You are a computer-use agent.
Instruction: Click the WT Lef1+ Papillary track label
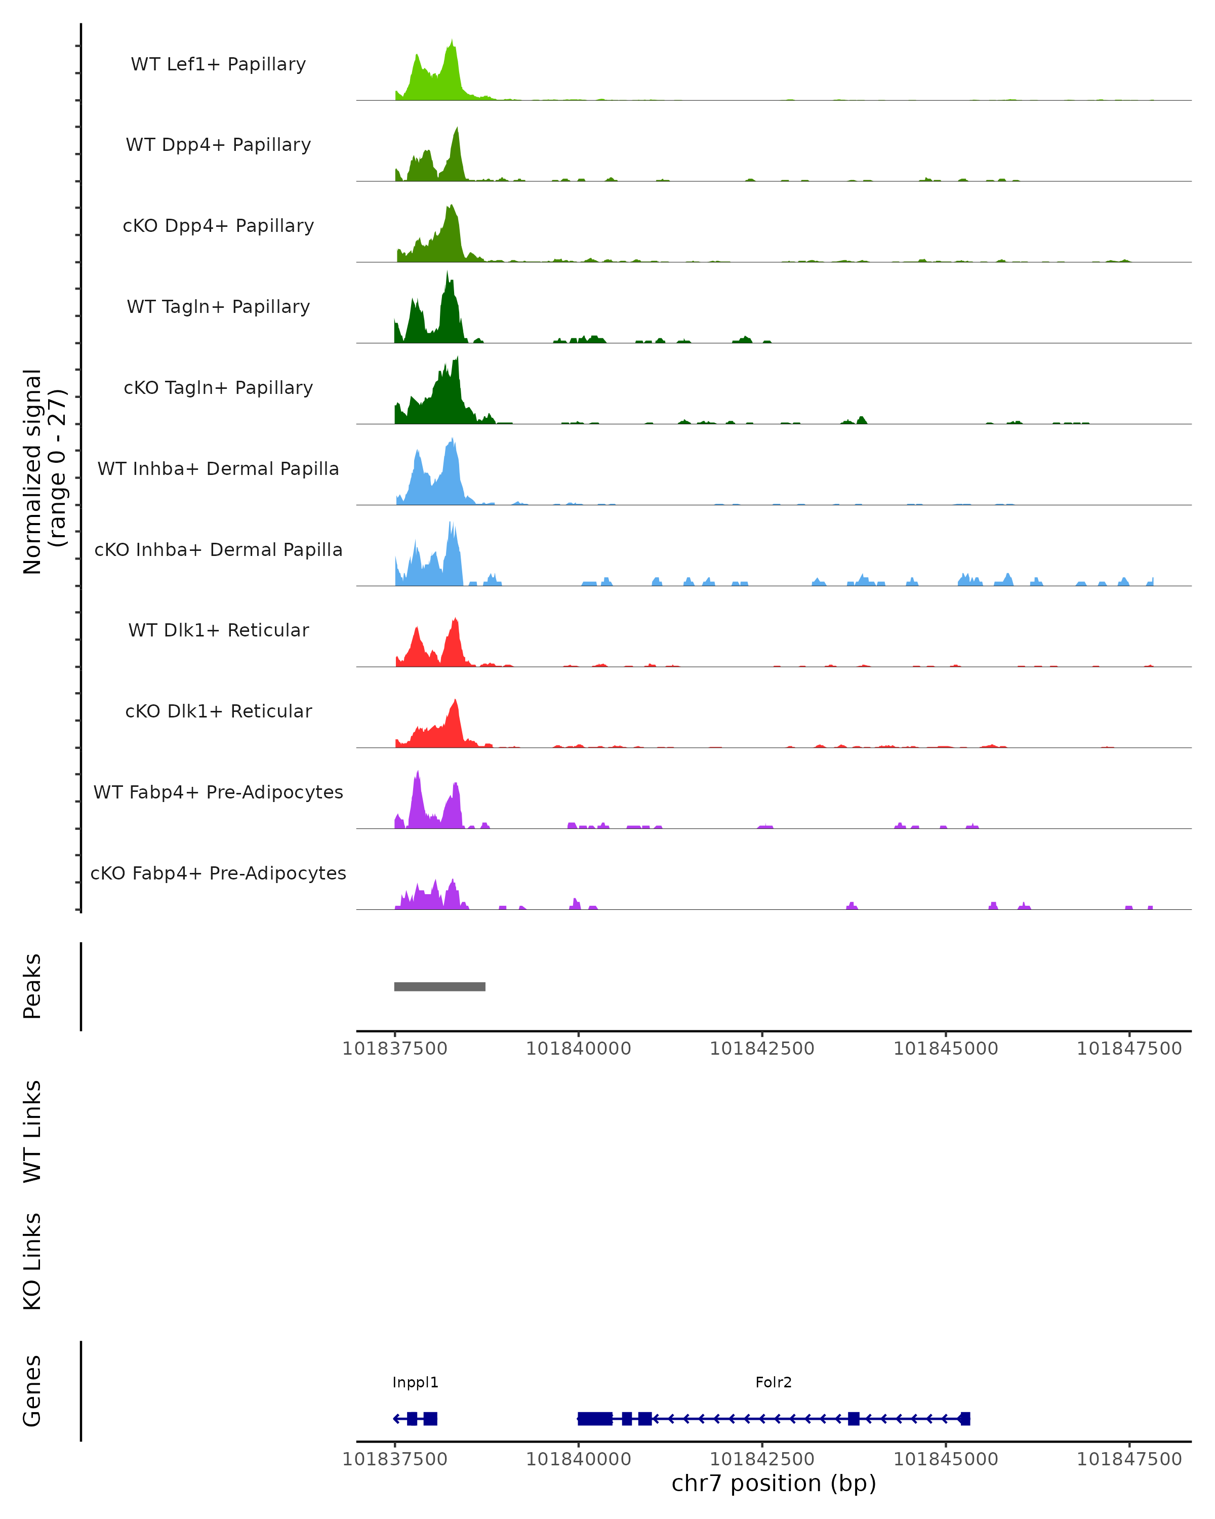tap(218, 64)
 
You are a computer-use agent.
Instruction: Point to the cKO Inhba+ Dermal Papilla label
tap(218, 549)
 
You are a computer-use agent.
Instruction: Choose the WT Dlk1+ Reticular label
tap(218, 630)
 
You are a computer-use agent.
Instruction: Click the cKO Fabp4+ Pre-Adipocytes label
tap(218, 873)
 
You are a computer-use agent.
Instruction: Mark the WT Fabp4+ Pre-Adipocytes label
tap(218, 792)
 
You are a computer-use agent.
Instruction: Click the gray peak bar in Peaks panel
tap(439, 986)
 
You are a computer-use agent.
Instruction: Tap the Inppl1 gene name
tap(416, 1382)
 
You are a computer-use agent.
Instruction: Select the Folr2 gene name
tap(774, 1382)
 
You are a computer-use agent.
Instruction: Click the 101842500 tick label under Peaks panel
tap(762, 1049)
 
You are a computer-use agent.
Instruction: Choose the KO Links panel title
tap(32, 1261)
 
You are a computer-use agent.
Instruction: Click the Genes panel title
tap(32, 1391)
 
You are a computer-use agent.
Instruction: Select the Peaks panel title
tap(32, 986)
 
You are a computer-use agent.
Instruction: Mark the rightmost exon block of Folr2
tap(965, 1419)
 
